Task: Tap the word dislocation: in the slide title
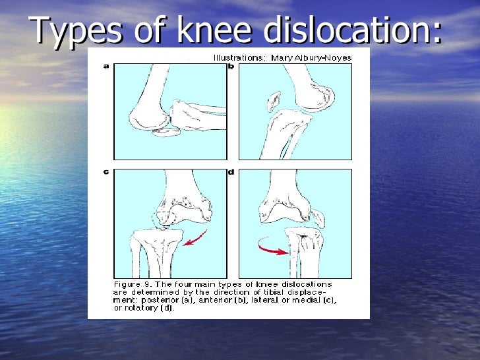(x=352, y=31)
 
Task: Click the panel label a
(x=105, y=66)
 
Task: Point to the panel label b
(x=231, y=66)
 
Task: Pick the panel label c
(x=106, y=172)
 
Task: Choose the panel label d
(x=231, y=172)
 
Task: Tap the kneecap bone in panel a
(x=166, y=132)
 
